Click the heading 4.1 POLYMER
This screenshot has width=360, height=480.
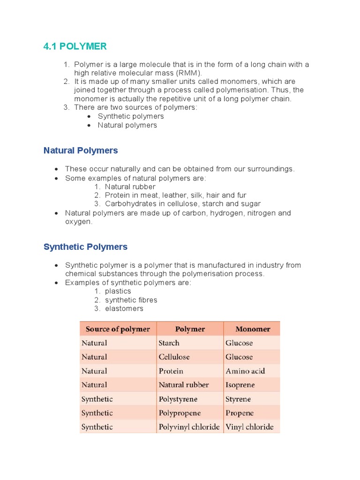(75, 46)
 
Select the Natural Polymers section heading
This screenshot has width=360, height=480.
(81, 150)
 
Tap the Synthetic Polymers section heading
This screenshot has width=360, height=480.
(85, 247)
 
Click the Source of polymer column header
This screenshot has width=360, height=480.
(118, 329)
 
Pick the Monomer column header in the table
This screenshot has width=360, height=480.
(253, 329)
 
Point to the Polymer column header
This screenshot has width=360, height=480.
(190, 329)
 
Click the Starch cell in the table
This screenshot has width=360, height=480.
(169, 343)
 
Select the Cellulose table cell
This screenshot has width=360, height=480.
(174, 357)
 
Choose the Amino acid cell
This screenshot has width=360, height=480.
(245, 371)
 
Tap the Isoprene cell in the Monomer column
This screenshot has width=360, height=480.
(240, 385)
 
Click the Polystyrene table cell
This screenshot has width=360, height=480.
(178, 399)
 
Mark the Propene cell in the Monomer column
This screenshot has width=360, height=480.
(240, 413)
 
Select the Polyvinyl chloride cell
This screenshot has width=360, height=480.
(189, 427)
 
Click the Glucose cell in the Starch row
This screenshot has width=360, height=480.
(239, 343)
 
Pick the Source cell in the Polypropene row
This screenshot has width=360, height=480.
(97, 413)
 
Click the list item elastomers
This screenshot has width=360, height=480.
(124, 308)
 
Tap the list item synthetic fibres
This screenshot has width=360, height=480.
(131, 300)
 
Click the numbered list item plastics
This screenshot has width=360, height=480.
(118, 291)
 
